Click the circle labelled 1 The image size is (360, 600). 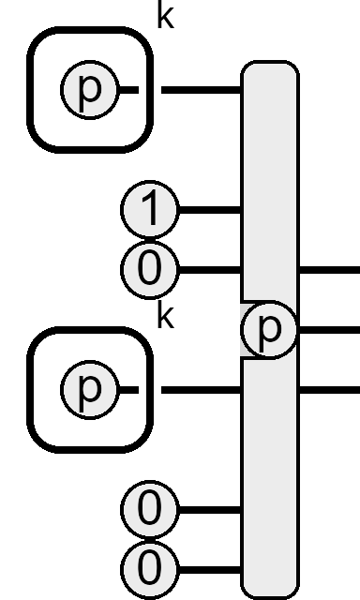(x=150, y=210)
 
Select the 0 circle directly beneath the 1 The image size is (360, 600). (x=150, y=270)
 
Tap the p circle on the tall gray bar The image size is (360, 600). (x=269, y=329)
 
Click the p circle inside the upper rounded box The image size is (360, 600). (x=89, y=90)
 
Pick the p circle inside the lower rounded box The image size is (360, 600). (x=89, y=390)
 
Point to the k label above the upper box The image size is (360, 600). (x=166, y=16)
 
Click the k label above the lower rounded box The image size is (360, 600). (x=166, y=316)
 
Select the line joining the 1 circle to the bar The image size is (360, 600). (x=210, y=210)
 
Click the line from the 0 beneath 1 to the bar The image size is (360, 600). (x=210, y=270)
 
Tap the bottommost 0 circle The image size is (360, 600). (x=150, y=570)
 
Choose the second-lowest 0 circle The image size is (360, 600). (x=150, y=510)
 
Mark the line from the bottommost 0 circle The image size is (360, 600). (x=210, y=570)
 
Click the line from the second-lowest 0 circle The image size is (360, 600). (x=210, y=510)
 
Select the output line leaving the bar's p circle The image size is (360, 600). (x=329, y=329)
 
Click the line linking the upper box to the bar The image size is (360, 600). (x=202, y=90)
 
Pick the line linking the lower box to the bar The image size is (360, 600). (x=202, y=390)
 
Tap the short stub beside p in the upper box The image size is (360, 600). (x=128, y=90)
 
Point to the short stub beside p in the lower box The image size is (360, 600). (x=128, y=390)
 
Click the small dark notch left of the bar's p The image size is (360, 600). (x=246, y=329)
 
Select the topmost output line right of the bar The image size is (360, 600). (x=329, y=270)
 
